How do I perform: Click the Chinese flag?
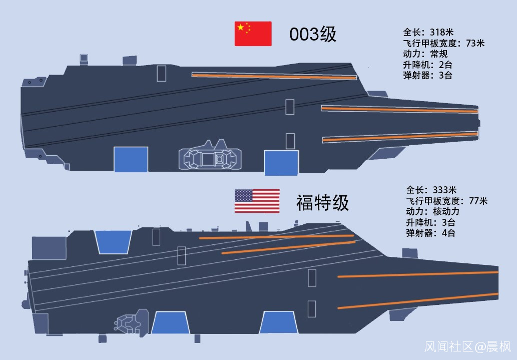pos(253,34)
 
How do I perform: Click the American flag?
pos(257,201)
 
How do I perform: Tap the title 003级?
pos(313,35)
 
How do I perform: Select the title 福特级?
pos(322,203)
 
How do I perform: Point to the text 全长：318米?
pos(425,33)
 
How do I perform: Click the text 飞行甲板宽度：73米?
pos(443,44)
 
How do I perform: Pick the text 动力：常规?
pos(425,54)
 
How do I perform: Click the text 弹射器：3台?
pos(427,76)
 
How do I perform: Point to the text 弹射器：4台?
pos(431,233)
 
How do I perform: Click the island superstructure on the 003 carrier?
pos(210,157)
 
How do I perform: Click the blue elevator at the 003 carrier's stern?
pos(131,159)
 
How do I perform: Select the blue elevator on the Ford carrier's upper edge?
pos(113,241)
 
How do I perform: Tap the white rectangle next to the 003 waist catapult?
pos(162,74)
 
